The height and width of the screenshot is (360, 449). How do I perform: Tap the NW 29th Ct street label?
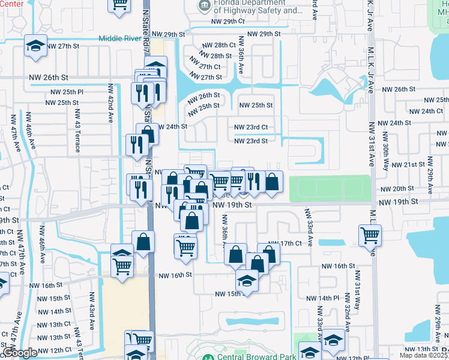click(x=229, y=21)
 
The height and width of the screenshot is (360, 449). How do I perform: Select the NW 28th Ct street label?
click(x=218, y=46)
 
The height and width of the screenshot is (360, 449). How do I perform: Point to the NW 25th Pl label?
click(x=67, y=92)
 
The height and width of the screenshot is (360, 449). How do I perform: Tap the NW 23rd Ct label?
click(x=250, y=127)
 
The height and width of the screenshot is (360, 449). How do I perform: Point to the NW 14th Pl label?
click(x=322, y=298)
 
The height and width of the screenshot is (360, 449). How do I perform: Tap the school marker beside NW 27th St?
click(x=35, y=46)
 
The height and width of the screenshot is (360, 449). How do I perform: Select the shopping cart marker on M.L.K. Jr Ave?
click(x=370, y=235)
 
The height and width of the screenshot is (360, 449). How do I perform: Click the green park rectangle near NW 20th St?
click(x=330, y=189)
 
